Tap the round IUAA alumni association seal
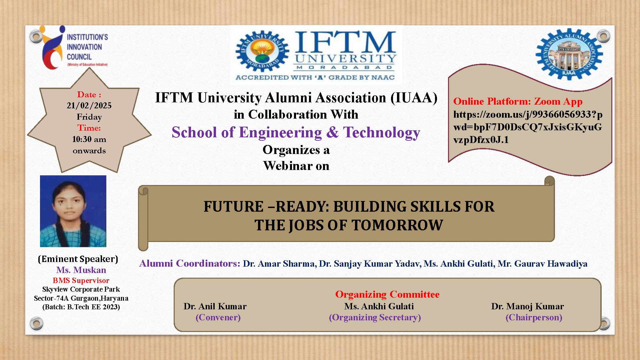pyautogui.click(x=569, y=54)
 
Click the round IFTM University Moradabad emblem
pyautogui.click(x=262, y=51)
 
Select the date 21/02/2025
pyautogui.click(x=89, y=106)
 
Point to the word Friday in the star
pyautogui.click(x=89, y=117)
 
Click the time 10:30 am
pyautogui.click(x=89, y=139)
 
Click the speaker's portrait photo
pyautogui.click(x=73, y=211)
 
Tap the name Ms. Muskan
pyautogui.click(x=81, y=270)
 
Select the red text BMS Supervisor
pyautogui.click(x=81, y=281)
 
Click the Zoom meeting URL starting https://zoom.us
pyautogui.click(x=528, y=127)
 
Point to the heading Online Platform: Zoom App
pyautogui.click(x=518, y=101)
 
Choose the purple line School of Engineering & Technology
pyautogui.click(x=296, y=133)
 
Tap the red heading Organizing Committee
pyautogui.click(x=387, y=294)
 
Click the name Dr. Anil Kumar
pyautogui.click(x=215, y=306)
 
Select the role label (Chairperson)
pyautogui.click(x=534, y=317)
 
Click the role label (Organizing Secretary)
pyautogui.click(x=375, y=317)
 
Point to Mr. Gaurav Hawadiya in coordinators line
pyautogui.click(x=543, y=264)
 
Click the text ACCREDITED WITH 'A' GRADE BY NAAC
pyautogui.click(x=315, y=78)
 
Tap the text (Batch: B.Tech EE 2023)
pyautogui.click(x=81, y=307)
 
